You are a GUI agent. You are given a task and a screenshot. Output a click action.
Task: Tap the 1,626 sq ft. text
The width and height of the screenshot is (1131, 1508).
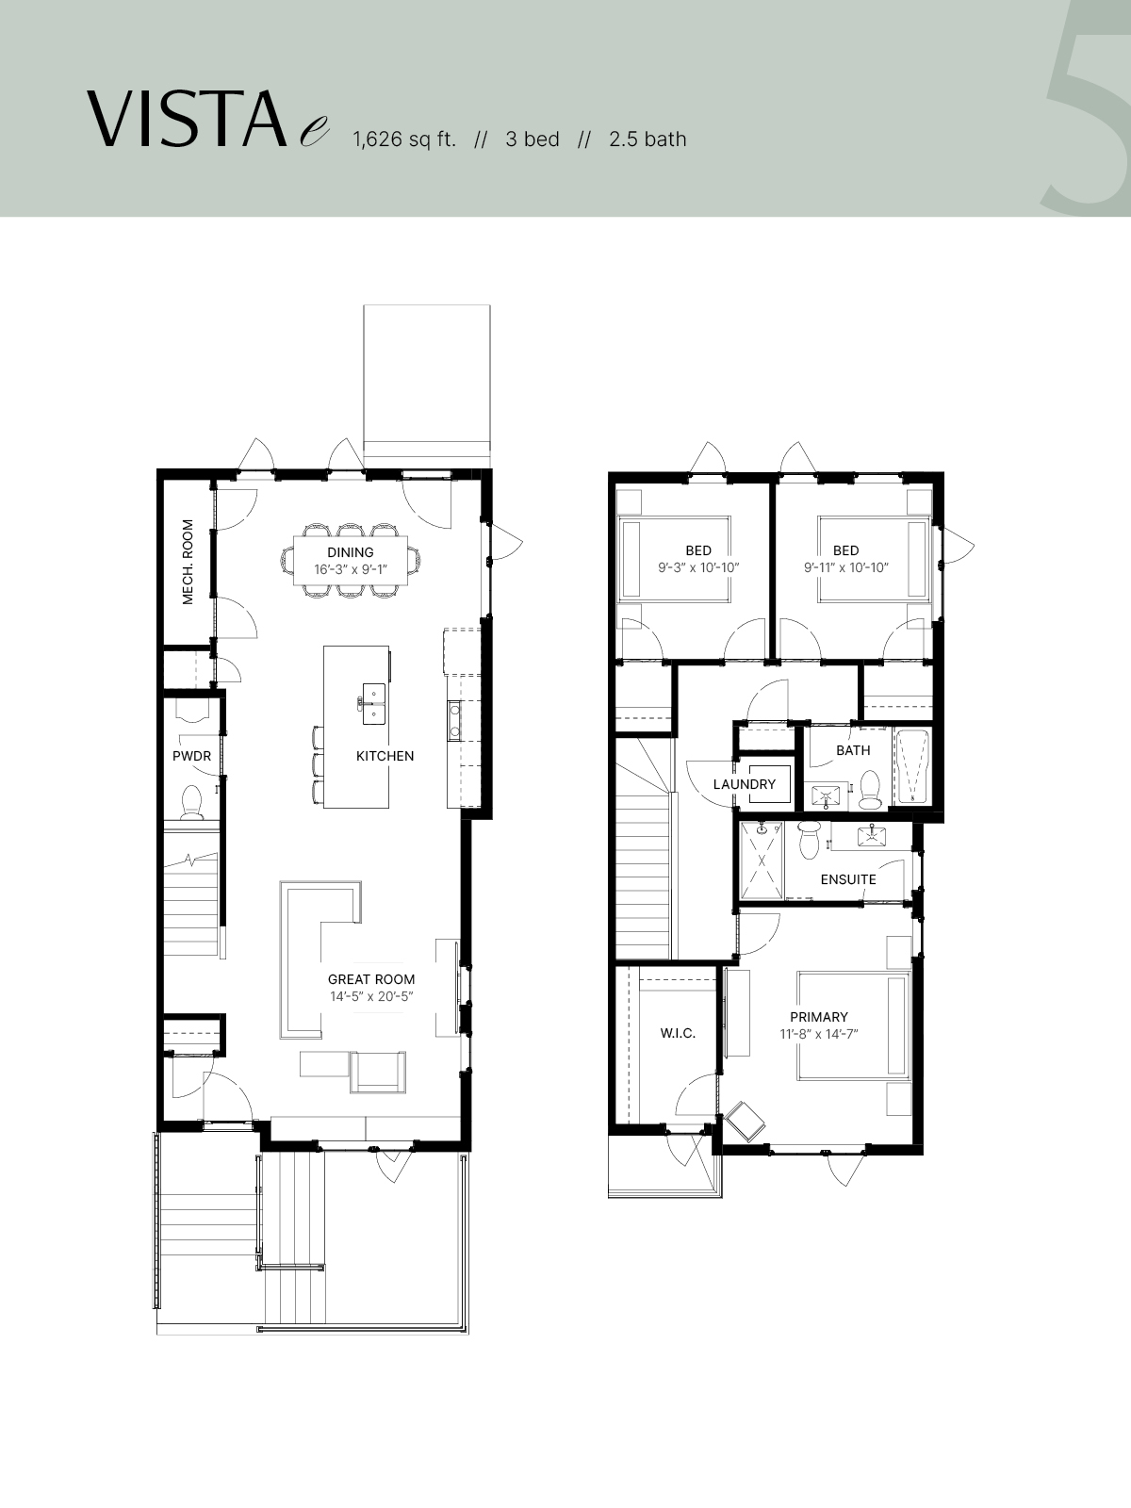click(404, 139)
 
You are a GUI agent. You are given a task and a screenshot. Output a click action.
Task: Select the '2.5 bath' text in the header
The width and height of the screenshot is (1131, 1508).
click(647, 139)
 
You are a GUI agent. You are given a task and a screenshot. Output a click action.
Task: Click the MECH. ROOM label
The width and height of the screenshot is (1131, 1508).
click(188, 562)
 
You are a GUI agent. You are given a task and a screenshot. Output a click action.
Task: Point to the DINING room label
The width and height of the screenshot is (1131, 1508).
click(351, 552)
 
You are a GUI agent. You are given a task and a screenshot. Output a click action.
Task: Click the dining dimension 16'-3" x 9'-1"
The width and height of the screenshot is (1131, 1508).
click(351, 569)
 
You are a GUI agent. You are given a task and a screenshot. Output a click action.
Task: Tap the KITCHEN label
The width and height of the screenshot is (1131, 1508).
click(385, 756)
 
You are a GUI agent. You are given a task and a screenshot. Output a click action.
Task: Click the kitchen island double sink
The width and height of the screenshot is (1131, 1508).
click(373, 703)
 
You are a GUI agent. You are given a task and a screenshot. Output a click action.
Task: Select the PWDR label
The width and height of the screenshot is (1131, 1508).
click(191, 756)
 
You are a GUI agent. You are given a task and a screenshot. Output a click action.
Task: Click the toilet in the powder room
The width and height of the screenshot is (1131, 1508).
click(191, 802)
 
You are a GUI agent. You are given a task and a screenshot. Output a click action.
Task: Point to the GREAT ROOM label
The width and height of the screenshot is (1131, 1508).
click(370, 979)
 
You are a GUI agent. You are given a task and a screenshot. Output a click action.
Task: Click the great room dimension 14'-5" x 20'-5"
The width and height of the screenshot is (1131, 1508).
click(371, 996)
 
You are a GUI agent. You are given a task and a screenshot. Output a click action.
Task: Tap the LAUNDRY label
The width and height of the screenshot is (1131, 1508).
click(745, 784)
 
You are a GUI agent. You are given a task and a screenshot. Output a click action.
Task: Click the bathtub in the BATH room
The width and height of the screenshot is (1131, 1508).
click(912, 766)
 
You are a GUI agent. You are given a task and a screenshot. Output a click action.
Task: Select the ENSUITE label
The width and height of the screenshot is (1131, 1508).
click(848, 879)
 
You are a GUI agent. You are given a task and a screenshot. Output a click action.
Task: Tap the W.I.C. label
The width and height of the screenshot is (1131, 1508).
click(678, 1033)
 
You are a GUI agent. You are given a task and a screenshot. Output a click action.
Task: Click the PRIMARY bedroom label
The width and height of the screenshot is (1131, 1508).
click(818, 1017)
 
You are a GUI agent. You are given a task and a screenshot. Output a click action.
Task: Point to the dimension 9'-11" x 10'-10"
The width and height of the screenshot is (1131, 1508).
click(846, 568)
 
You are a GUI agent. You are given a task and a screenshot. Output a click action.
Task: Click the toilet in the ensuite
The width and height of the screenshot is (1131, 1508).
click(810, 840)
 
